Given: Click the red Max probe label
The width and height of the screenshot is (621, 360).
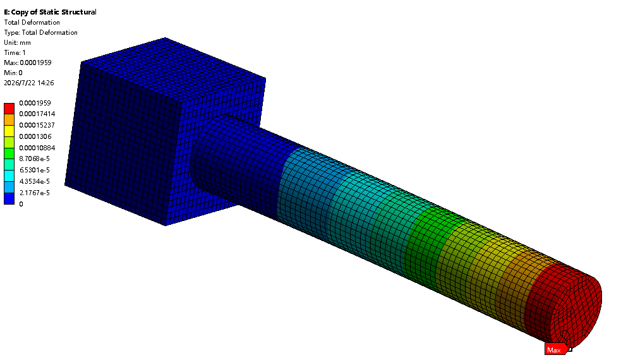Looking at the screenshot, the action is click(x=555, y=349).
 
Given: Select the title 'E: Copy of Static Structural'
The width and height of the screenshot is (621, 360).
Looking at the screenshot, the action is click(x=51, y=12).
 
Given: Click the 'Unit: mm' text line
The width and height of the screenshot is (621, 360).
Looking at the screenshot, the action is click(x=18, y=42).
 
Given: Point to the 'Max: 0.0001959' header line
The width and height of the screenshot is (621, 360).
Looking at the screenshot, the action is click(x=28, y=63).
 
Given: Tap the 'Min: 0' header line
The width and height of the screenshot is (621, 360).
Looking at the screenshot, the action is click(x=13, y=73).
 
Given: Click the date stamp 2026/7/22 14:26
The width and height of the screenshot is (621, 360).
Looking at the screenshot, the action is click(x=29, y=83).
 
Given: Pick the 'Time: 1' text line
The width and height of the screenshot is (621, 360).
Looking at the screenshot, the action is click(x=15, y=52).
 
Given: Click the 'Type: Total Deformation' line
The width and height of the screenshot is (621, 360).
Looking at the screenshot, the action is click(x=41, y=32).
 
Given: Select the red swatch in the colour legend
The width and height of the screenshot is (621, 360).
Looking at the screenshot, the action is click(x=9, y=109).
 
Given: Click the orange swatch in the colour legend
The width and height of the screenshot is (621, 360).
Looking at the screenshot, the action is click(x=9, y=119).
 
